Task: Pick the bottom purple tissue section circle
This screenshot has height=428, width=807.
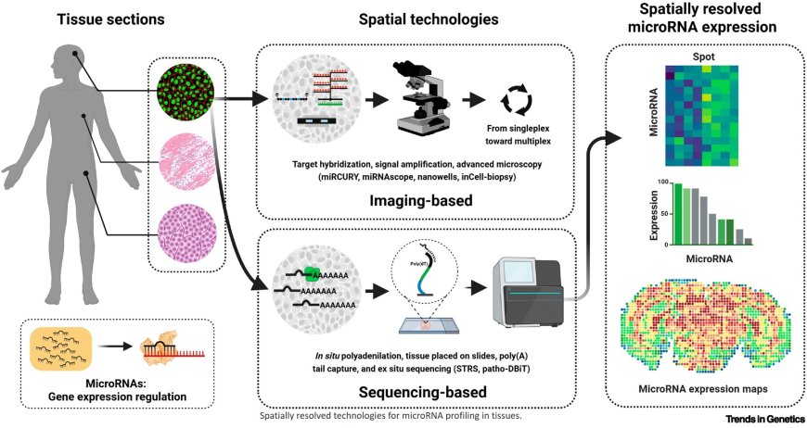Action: [186, 233]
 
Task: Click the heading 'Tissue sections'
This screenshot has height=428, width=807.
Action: [110, 19]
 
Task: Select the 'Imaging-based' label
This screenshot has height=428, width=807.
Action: [420, 200]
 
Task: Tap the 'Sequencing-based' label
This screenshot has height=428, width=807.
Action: [423, 392]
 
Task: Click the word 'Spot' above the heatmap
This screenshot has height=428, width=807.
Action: [703, 57]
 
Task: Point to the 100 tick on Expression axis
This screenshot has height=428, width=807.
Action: [662, 182]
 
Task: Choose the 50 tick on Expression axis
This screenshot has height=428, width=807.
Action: [664, 213]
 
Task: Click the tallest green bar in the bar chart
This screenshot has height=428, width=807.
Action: [678, 214]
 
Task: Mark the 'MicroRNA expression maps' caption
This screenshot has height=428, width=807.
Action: [703, 389]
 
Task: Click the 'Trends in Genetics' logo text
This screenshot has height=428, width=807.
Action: [765, 419]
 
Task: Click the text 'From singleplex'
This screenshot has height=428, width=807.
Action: [518, 129]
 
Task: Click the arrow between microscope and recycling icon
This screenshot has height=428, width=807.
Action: [473, 100]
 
